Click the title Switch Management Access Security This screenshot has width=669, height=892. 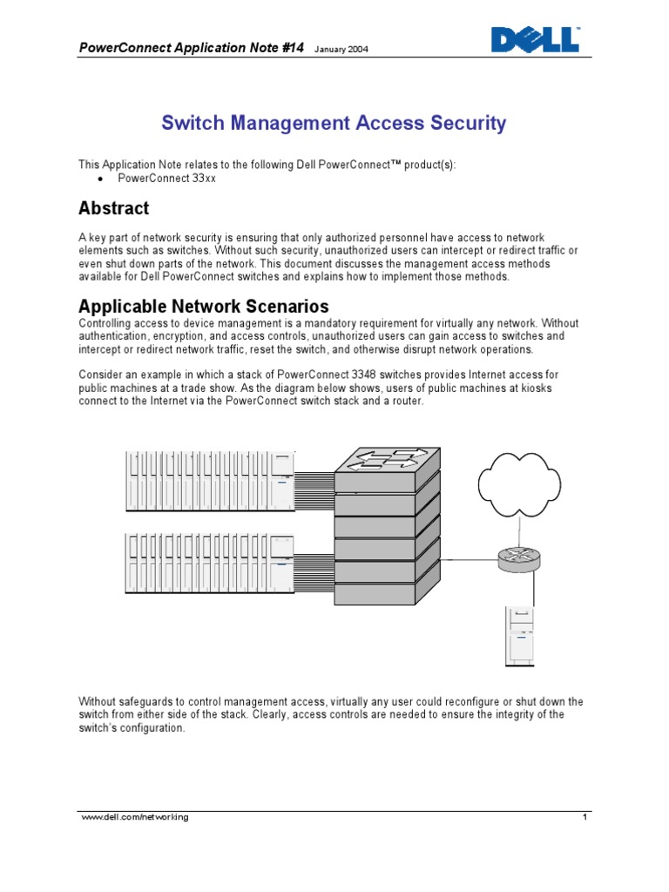click(x=334, y=124)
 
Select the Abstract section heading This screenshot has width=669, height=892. click(x=114, y=208)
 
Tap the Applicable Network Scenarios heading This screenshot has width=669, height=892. click(x=204, y=307)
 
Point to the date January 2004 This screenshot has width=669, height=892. click(x=341, y=50)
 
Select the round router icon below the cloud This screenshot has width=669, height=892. click(x=519, y=559)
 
